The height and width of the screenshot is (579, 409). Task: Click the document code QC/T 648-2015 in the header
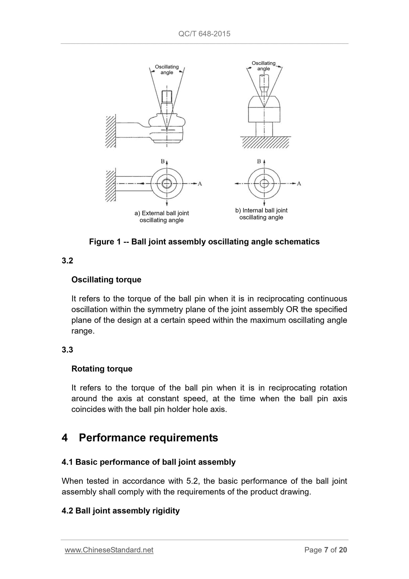pos(204,34)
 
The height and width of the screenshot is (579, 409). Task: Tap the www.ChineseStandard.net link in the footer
pos(109,550)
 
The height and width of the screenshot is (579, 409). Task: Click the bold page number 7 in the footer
pos(326,550)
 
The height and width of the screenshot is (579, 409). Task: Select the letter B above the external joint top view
pos(163,161)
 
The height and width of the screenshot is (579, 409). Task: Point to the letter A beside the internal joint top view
pos(299,184)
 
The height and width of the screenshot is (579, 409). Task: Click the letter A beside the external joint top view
pos(200,184)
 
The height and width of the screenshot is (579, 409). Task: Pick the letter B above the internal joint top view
pos(259,161)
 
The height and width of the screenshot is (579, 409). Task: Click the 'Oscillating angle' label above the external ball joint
pos(167,70)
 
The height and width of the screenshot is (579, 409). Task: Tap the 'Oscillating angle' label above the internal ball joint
pos(264,66)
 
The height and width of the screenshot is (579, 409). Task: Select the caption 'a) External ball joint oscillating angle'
pos(162,217)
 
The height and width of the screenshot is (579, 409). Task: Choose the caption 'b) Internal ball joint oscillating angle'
pos(261,214)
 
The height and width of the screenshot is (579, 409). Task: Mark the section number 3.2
pos(67,261)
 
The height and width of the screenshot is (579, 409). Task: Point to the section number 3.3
pos(67,350)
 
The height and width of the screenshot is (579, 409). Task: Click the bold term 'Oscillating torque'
pos(106,280)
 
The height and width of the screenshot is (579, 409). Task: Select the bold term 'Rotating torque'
pos(102,369)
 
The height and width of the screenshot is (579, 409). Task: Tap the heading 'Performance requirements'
pos(148,438)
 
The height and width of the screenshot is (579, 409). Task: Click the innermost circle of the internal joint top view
pos(264,184)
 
